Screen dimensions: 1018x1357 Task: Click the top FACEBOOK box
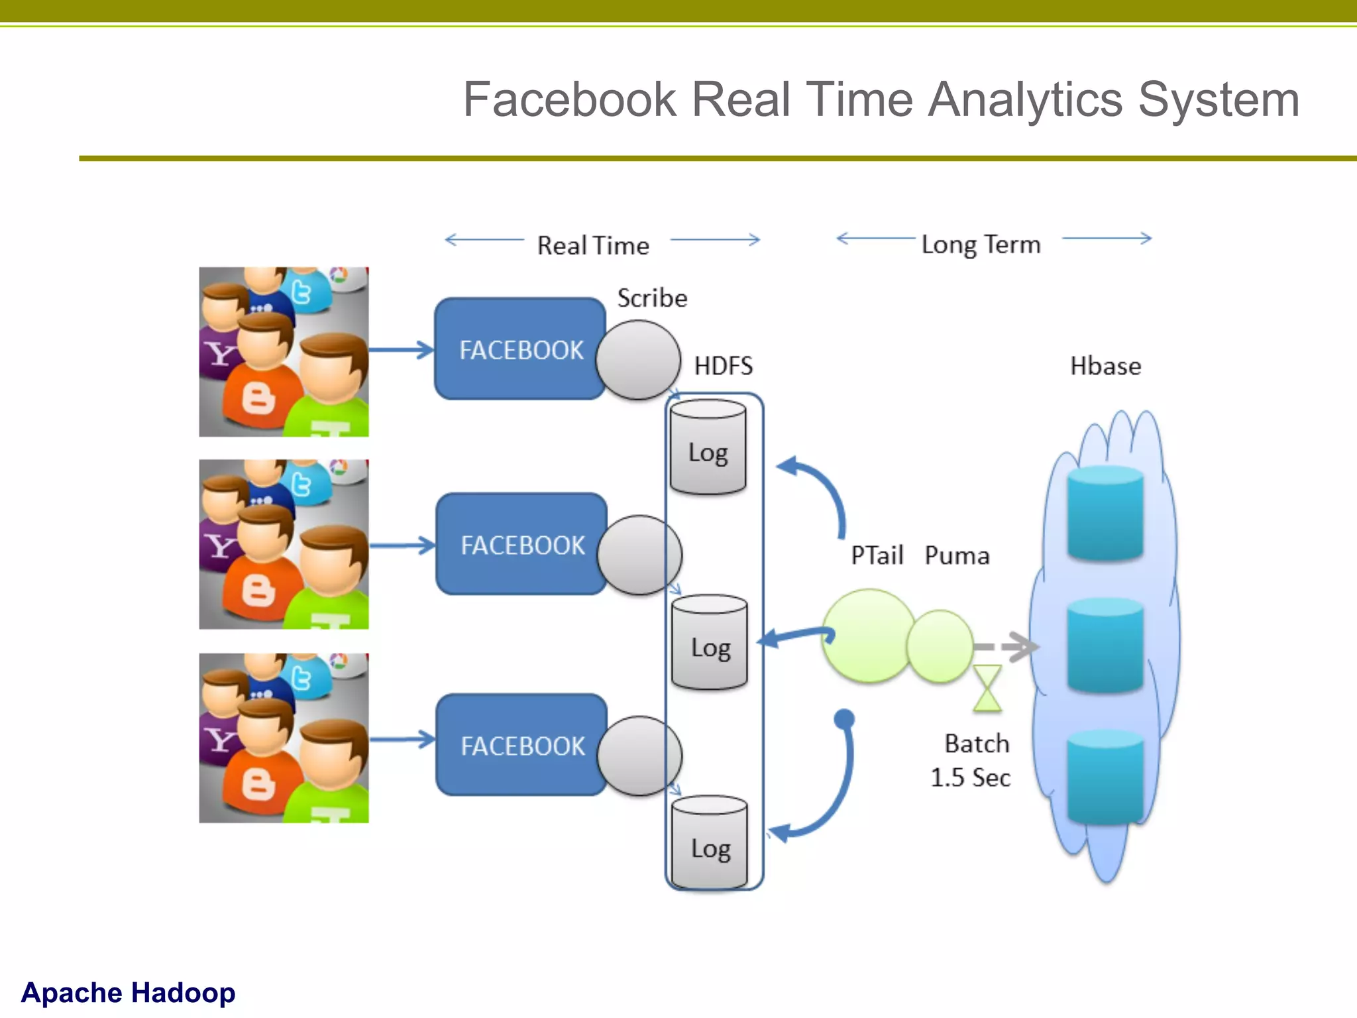pyautogui.click(x=521, y=349)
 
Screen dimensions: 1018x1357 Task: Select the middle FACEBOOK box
pyautogui.click(x=522, y=545)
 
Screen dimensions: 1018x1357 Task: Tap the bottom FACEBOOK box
pyautogui.click(x=522, y=746)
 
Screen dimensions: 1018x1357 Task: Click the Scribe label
pyautogui.click(x=652, y=298)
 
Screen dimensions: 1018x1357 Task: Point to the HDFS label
pyautogui.click(x=723, y=366)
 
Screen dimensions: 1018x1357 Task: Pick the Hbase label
pyautogui.click(x=1105, y=366)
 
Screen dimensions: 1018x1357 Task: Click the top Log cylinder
pyautogui.click(x=708, y=448)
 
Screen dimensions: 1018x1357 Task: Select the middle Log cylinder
pyautogui.click(x=710, y=643)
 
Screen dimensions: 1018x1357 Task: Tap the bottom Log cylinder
pyautogui.click(x=710, y=844)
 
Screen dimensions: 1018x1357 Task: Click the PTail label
pyautogui.click(x=877, y=555)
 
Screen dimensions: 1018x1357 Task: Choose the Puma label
pyautogui.click(x=957, y=555)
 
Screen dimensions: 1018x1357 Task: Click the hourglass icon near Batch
pyautogui.click(x=987, y=689)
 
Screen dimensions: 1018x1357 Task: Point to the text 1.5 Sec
pyautogui.click(x=970, y=777)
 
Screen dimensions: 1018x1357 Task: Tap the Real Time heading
pyautogui.click(x=593, y=246)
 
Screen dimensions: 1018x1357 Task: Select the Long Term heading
pyautogui.click(x=981, y=245)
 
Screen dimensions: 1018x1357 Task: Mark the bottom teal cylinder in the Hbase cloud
pyautogui.click(x=1105, y=777)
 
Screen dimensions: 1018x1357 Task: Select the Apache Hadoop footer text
pyautogui.click(x=129, y=992)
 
